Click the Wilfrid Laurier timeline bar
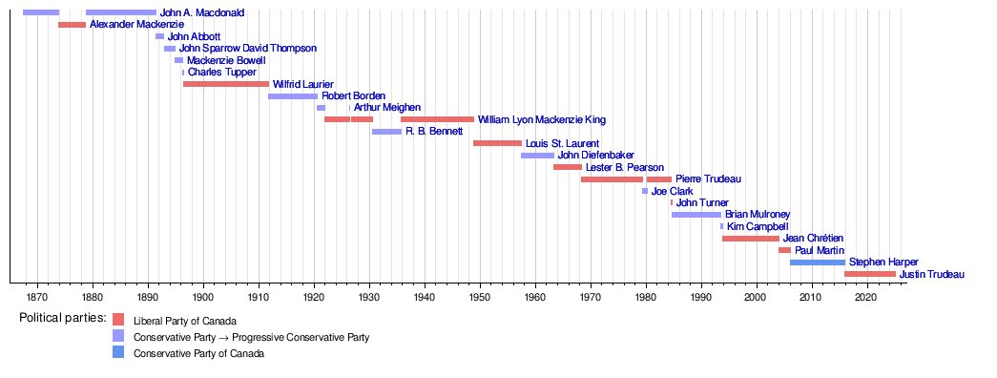[x=226, y=84]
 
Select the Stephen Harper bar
[x=818, y=262]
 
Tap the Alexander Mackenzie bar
[x=72, y=25]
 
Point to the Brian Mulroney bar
[x=696, y=215]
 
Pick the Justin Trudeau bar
[x=870, y=274]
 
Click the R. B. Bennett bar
[x=386, y=132]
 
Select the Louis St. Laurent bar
[x=497, y=143]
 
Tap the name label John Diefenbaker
[x=595, y=156]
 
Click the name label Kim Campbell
[x=758, y=226]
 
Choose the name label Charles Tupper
[x=222, y=73]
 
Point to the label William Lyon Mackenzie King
[x=542, y=119]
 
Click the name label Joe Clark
[x=672, y=191]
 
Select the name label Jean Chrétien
[x=812, y=239]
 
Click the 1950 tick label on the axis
[x=481, y=297]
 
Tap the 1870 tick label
[x=37, y=297]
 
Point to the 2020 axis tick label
[x=867, y=297]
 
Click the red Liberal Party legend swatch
[x=118, y=320]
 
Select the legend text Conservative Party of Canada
[x=198, y=354]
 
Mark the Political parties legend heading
[x=63, y=317]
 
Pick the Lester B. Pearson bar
[x=568, y=167]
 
